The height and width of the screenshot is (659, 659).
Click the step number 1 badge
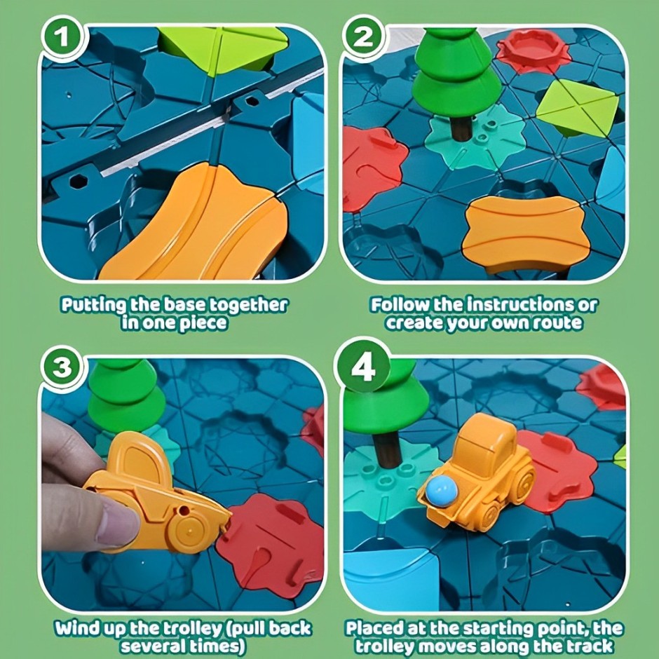pos(64,38)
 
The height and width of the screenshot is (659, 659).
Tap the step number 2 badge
pos(364,38)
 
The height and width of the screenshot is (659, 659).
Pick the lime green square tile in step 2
pos(577,107)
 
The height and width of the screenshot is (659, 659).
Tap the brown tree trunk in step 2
pos(461,128)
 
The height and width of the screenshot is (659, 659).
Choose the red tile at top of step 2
pos(533,51)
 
